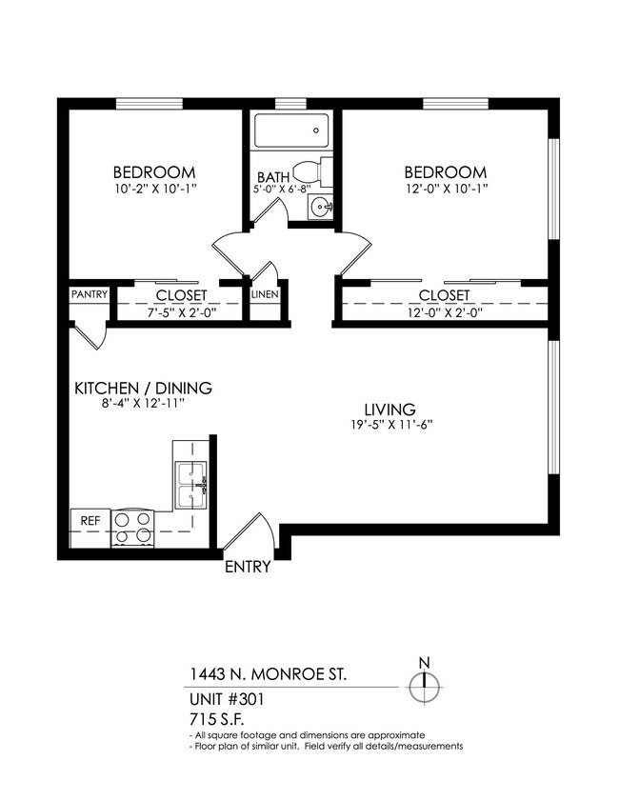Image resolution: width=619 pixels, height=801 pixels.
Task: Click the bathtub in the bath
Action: (x=291, y=131)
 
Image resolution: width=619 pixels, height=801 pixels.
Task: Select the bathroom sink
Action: (x=323, y=206)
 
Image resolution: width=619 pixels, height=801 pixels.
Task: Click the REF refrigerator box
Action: (x=90, y=522)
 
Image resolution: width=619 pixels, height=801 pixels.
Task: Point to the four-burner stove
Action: (x=132, y=528)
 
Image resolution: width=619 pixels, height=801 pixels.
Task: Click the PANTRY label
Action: (x=89, y=295)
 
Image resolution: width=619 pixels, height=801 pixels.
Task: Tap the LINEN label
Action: (x=264, y=295)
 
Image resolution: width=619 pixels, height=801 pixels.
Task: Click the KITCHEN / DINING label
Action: (x=143, y=389)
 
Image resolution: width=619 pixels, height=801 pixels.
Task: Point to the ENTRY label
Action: (x=248, y=568)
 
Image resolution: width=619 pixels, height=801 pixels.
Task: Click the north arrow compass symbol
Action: (x=425, y=683)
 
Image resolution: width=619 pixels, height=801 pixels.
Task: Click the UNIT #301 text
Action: (x=227, y=698)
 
